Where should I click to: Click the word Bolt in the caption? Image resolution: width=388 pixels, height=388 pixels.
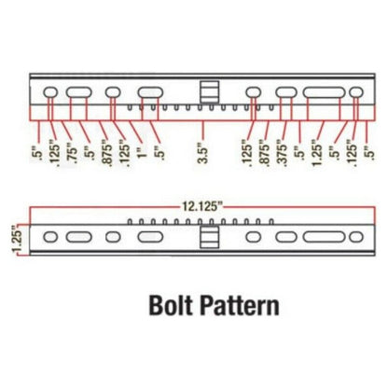[171, 305]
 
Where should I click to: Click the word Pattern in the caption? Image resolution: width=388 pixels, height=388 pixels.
[240, 305]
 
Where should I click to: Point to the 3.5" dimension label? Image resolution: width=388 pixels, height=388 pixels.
[202, 152]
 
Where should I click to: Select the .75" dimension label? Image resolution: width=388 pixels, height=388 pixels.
[72, 152]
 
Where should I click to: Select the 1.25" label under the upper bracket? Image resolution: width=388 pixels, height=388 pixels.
[316, 155]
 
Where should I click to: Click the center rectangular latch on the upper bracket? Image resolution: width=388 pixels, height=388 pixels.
[210, 91]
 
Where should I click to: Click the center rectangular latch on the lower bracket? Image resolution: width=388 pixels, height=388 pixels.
[210, 237]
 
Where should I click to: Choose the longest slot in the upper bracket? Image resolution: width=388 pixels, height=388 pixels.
[324, 92]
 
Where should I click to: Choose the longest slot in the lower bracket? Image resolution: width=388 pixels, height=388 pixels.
[324, 237]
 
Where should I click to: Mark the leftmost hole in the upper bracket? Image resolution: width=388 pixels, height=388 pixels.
[50, 92]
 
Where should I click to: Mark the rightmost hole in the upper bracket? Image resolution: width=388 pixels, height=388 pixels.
[356, 92]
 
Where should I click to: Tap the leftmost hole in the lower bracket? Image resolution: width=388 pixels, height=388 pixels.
[50, 237]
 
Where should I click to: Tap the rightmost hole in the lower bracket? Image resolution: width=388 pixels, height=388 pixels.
[356, 237]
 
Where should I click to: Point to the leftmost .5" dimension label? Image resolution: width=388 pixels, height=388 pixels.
[38, 153]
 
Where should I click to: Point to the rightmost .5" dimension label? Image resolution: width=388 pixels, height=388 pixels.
[370, 153]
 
